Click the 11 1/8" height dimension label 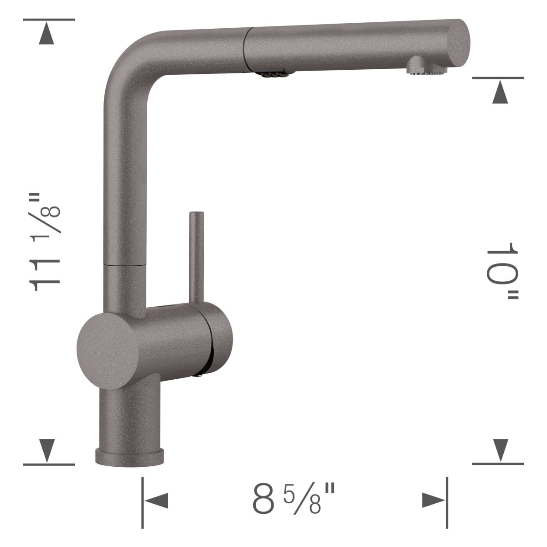point(45,242)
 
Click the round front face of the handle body point(108,351)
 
